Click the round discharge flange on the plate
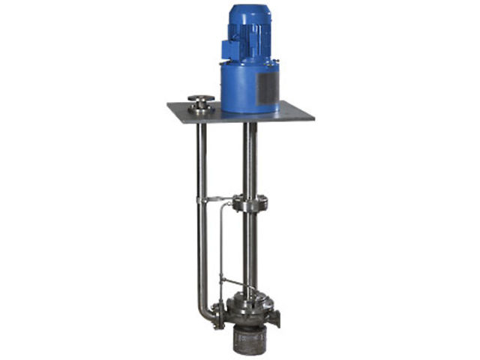(x=201, y=103)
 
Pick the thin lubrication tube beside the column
(x=219, y=240)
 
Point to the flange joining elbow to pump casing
(x=217, y=313)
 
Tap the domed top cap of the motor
(x=250, y=9)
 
